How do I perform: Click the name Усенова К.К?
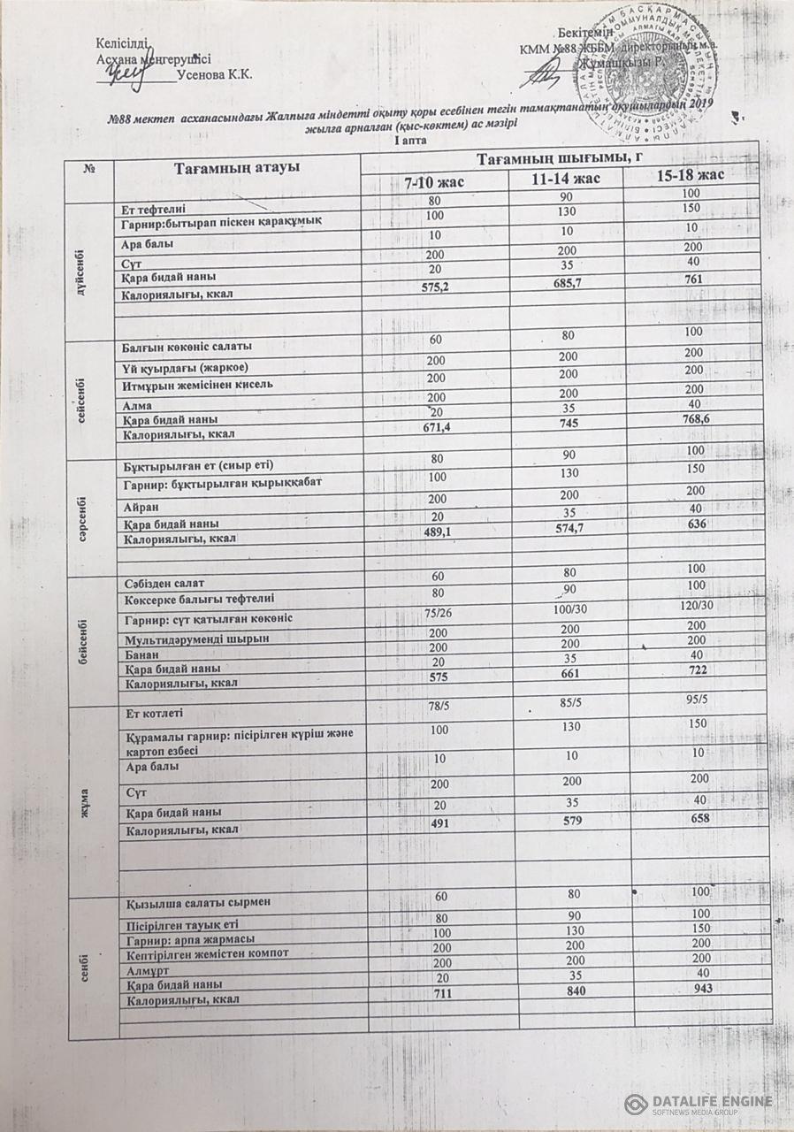coord(215,75)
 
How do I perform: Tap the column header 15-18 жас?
coord(691,175)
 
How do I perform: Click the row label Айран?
coord(141,504)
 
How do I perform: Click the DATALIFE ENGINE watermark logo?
coord(698,1104)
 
